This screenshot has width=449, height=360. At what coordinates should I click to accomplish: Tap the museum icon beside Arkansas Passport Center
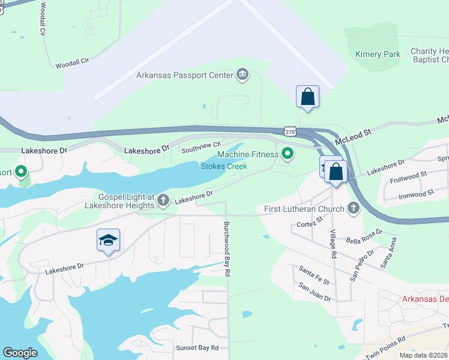[x=243, y=75]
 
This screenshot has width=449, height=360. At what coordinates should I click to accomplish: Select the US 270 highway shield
[x=290, y=131]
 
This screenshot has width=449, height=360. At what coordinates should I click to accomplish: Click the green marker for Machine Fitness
[x=288, y=155]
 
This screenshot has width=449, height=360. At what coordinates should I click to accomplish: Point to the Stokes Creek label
[x=224, y=166]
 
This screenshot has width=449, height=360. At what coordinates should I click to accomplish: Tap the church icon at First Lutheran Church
[x=354, y=209]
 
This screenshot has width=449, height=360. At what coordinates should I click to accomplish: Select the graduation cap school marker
[x=108, y=241]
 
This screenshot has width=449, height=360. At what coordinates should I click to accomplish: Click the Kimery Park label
[x=378, y=55]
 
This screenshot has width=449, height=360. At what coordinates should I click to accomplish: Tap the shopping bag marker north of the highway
[x=307, y=96]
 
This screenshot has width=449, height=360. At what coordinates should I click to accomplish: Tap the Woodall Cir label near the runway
[x=72, y=62]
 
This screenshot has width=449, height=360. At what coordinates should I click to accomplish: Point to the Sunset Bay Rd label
[x=197, y=348]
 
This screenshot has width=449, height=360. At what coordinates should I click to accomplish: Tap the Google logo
[x=20, y=353]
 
